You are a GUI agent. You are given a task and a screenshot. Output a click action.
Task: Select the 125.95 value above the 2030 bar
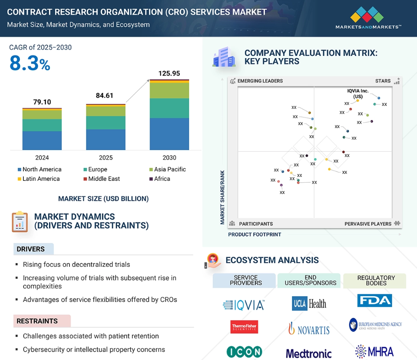(169, 73)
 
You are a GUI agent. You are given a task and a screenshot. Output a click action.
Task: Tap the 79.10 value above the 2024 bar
(42, 102)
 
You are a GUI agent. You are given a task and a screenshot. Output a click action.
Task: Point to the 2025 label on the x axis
(106, 158)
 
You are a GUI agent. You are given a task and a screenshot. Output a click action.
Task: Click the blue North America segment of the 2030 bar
(169, 134)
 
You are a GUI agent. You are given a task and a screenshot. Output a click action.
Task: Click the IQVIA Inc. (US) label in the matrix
(358, 94)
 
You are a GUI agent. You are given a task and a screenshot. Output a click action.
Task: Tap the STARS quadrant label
(383, 81)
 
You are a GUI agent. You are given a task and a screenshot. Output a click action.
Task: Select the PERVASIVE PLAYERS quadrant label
(368, 224)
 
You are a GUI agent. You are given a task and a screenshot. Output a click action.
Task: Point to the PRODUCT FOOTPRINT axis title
(254, 234)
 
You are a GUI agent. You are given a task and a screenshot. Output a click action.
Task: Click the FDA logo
(374, 300)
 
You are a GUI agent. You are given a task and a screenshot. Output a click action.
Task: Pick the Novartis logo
(309, 329)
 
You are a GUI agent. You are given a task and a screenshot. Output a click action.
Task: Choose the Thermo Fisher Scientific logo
(244, 327)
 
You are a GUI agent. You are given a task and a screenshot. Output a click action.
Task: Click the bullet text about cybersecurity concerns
(94, 350)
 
